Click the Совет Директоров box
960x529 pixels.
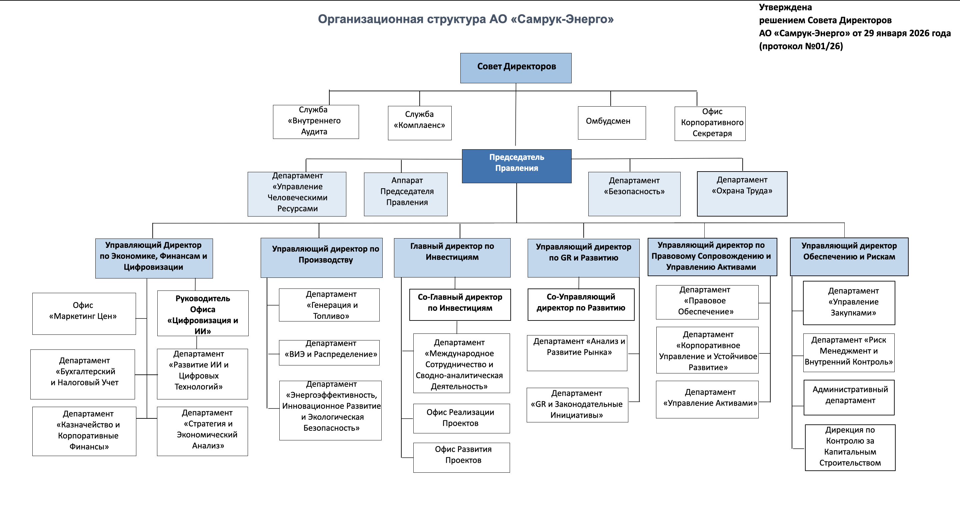tap(516, 68)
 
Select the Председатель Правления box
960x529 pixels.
tap(517, 166)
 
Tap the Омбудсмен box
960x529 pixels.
tap(612, 123)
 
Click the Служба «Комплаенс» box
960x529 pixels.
tap(420, 123)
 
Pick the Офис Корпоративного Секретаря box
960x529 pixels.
tap(710, 123)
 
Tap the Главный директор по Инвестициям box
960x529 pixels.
tap(452, 258)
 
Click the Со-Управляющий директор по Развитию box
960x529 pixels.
tap(581, 304)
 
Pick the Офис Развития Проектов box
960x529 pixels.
tap(461, 457)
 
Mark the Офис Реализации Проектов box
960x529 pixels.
tap(461, 418)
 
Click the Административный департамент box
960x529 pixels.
tap(849, 397)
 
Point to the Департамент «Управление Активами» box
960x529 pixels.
tap(707, 399)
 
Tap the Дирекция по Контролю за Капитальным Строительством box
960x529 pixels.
tap(850, 447)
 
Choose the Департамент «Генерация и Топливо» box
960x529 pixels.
tap(329, 305)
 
